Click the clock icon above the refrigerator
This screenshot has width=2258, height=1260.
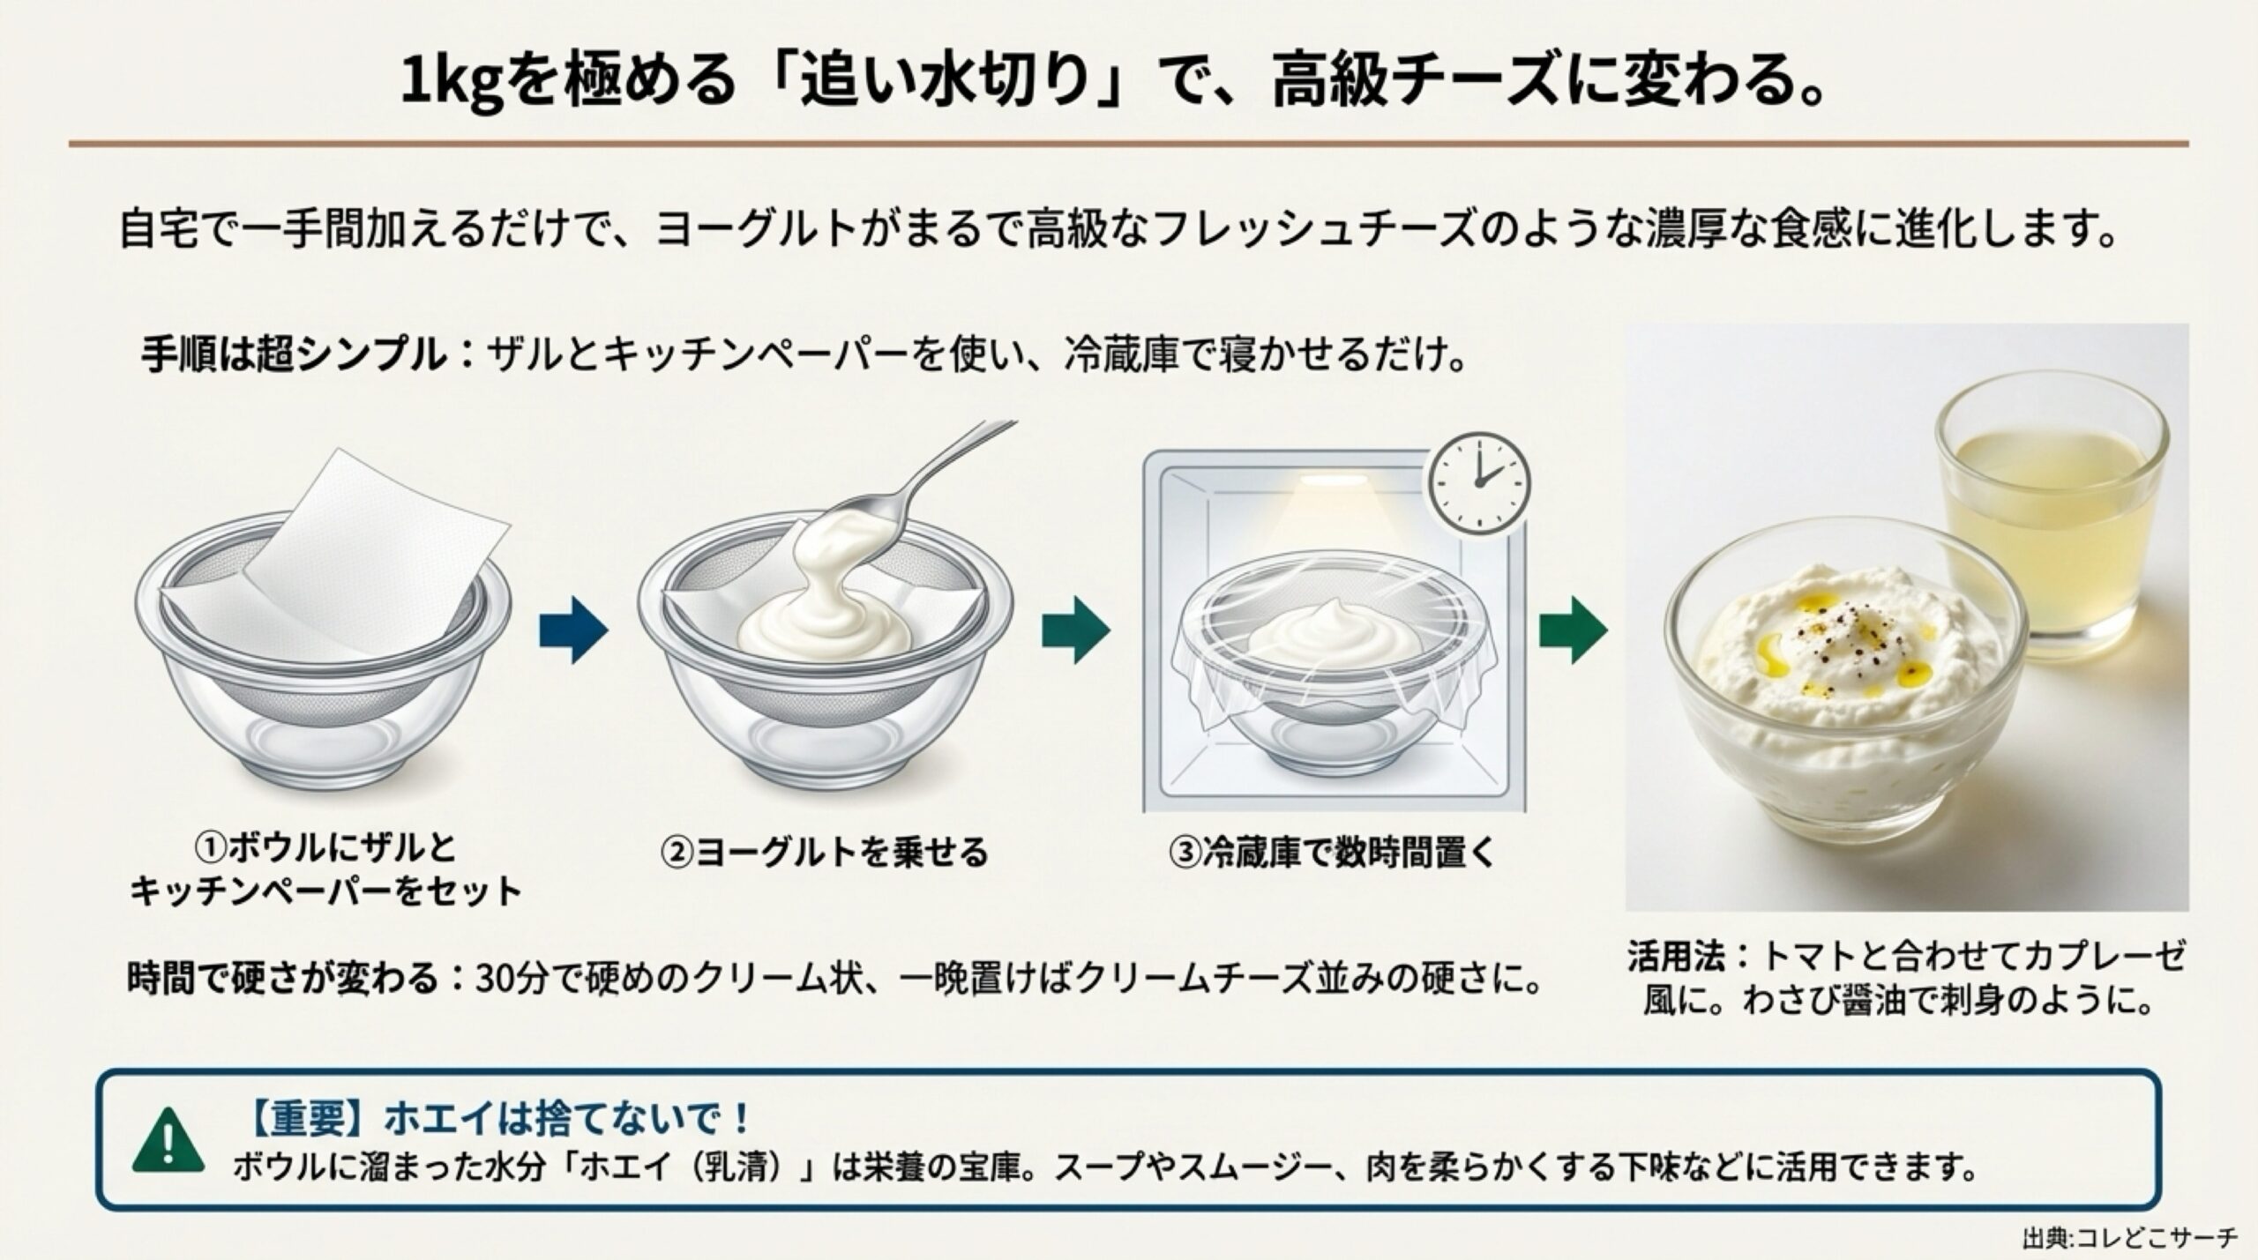1480,481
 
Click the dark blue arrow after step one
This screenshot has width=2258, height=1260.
574,630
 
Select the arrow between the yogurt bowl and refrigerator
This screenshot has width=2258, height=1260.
1076,630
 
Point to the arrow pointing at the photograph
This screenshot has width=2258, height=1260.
1574,630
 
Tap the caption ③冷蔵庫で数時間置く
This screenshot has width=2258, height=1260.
1333,852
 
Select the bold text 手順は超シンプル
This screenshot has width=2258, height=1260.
292,355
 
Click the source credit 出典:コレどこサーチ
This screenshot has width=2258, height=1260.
2139,1237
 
